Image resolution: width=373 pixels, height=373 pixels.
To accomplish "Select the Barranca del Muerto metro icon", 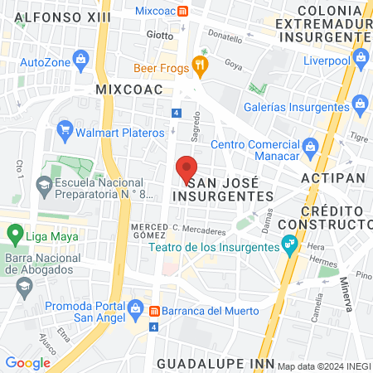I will point(154,311).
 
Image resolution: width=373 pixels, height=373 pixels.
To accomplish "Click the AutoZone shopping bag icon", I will point(80,58).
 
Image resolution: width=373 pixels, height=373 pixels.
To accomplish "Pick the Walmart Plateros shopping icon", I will point(64,129).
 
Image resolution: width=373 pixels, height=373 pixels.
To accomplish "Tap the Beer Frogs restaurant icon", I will point(198,64).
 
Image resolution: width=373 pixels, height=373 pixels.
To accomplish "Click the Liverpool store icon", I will point(360,57).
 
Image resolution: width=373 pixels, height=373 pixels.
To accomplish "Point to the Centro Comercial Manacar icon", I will point(311,147).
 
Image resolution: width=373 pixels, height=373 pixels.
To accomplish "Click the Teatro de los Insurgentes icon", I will point(289,245).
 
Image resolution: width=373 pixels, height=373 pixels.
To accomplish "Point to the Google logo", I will point(27,362).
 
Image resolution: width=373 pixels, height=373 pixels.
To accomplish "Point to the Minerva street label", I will point(344,293).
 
